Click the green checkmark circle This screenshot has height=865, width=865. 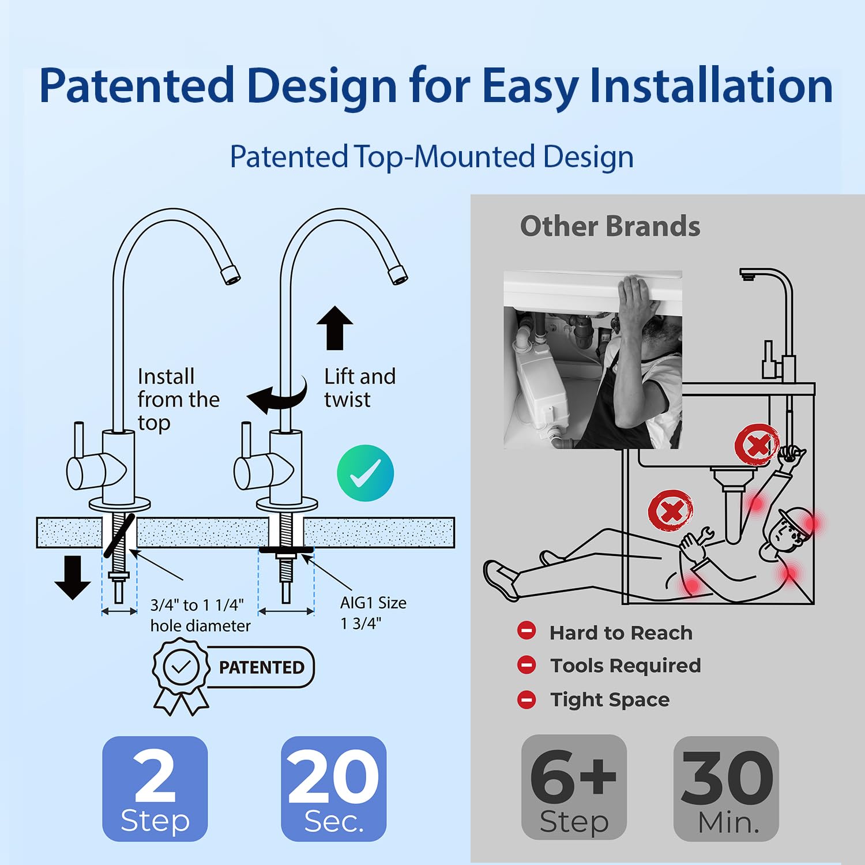(x=365, y=473)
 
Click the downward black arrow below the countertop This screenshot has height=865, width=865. (x=73, y=577)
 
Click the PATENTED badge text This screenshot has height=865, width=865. (x=261, y=667)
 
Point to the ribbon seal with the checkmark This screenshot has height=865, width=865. (x=181, y=675)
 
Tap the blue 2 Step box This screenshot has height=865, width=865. (x=155, y=788)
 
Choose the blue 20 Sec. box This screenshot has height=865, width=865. (x=333, y=788)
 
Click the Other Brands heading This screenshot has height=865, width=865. (x=610, y=226)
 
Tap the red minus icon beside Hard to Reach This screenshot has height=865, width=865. (x=526, y=631)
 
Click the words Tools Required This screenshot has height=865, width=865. (x=626, y=665)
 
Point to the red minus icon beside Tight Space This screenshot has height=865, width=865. (x=526, y=699)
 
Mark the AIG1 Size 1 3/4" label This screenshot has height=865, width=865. (x=373, y=612)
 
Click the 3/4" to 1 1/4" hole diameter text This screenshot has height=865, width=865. (x=200, y=615)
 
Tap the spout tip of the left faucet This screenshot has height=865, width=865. (x=231, y=275)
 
